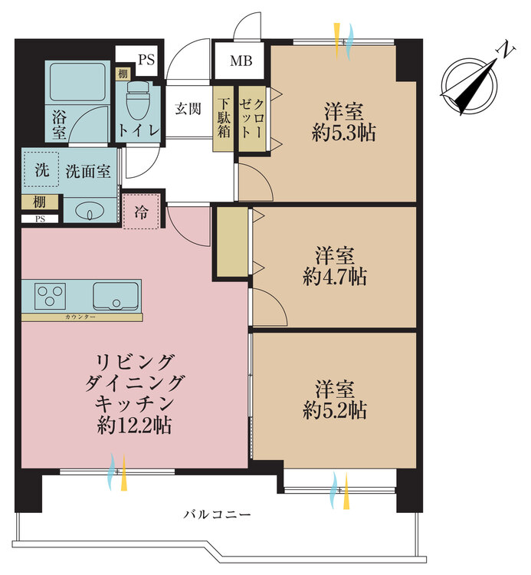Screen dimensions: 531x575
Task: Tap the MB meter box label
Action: [241, 61]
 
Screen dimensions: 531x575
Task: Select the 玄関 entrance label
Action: [188, 109]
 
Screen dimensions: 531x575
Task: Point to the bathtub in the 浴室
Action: [77, 82]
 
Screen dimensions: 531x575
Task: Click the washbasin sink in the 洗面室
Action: [90, 212]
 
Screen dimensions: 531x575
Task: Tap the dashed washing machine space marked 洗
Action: [41, 169]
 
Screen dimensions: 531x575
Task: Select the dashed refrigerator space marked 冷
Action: [142, 212]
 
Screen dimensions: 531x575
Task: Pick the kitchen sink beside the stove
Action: [116, 296]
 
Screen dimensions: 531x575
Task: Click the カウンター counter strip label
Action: [80, 317]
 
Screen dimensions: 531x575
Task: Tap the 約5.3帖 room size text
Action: [344, 133]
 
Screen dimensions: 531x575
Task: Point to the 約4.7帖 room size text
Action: [335, 277]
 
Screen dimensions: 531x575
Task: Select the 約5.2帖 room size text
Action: [335, 410]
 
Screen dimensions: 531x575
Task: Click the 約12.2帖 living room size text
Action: [134, 426]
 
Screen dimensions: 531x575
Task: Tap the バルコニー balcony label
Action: [217, 514]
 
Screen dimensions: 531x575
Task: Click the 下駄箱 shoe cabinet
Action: [223, 118]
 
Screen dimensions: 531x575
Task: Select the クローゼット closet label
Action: [252, 118]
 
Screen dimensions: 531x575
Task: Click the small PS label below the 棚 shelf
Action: [40, 219]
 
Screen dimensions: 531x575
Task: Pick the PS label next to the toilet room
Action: [146, 59]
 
